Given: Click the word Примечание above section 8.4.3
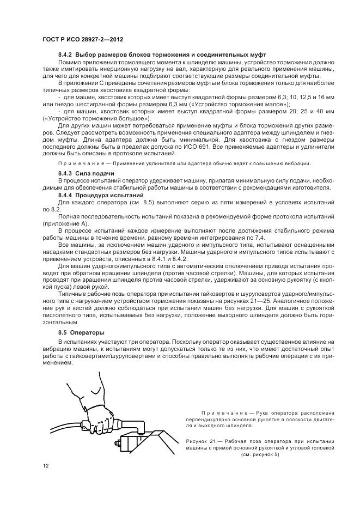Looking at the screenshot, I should (81, 163).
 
